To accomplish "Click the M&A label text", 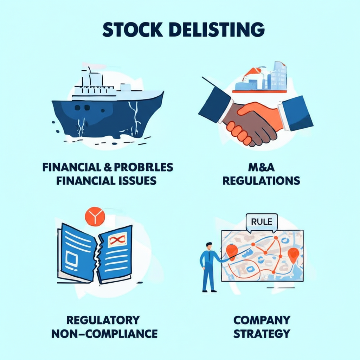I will click(261, 168).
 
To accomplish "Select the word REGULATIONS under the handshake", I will click(261, 181).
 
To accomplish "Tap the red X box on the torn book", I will click(117, 241).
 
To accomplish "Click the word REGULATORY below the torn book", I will click(103, 320).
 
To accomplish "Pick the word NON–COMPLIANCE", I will click(104, 333).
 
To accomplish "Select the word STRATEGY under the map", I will click(262, 333).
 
